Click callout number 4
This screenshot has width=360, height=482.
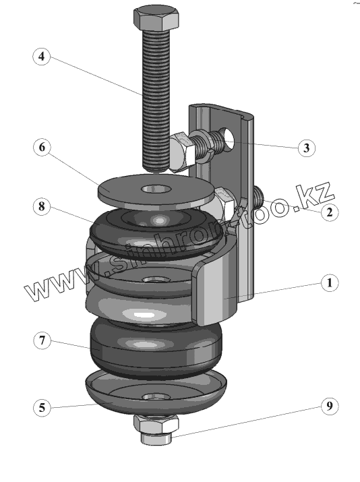click(42, 56)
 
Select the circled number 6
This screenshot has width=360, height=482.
click(42, 147)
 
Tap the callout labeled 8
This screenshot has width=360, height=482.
click(42, 206)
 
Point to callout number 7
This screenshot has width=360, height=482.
click(42, 340)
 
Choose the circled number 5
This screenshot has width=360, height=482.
click(42, 408)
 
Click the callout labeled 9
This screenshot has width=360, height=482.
click(330, 406)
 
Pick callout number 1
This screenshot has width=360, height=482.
click(330, 282)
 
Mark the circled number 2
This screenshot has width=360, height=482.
click(330, 212)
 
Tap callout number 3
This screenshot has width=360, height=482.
click(307, 148)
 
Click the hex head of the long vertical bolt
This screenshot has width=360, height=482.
click(156, 18)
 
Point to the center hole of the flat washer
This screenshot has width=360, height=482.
click(156, 189)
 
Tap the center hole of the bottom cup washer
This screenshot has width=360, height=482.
click(156, 396)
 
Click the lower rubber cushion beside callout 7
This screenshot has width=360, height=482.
click(156, 347)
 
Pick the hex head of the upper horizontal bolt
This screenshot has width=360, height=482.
click(181, 151)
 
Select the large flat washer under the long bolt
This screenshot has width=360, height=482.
click(156, 191)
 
